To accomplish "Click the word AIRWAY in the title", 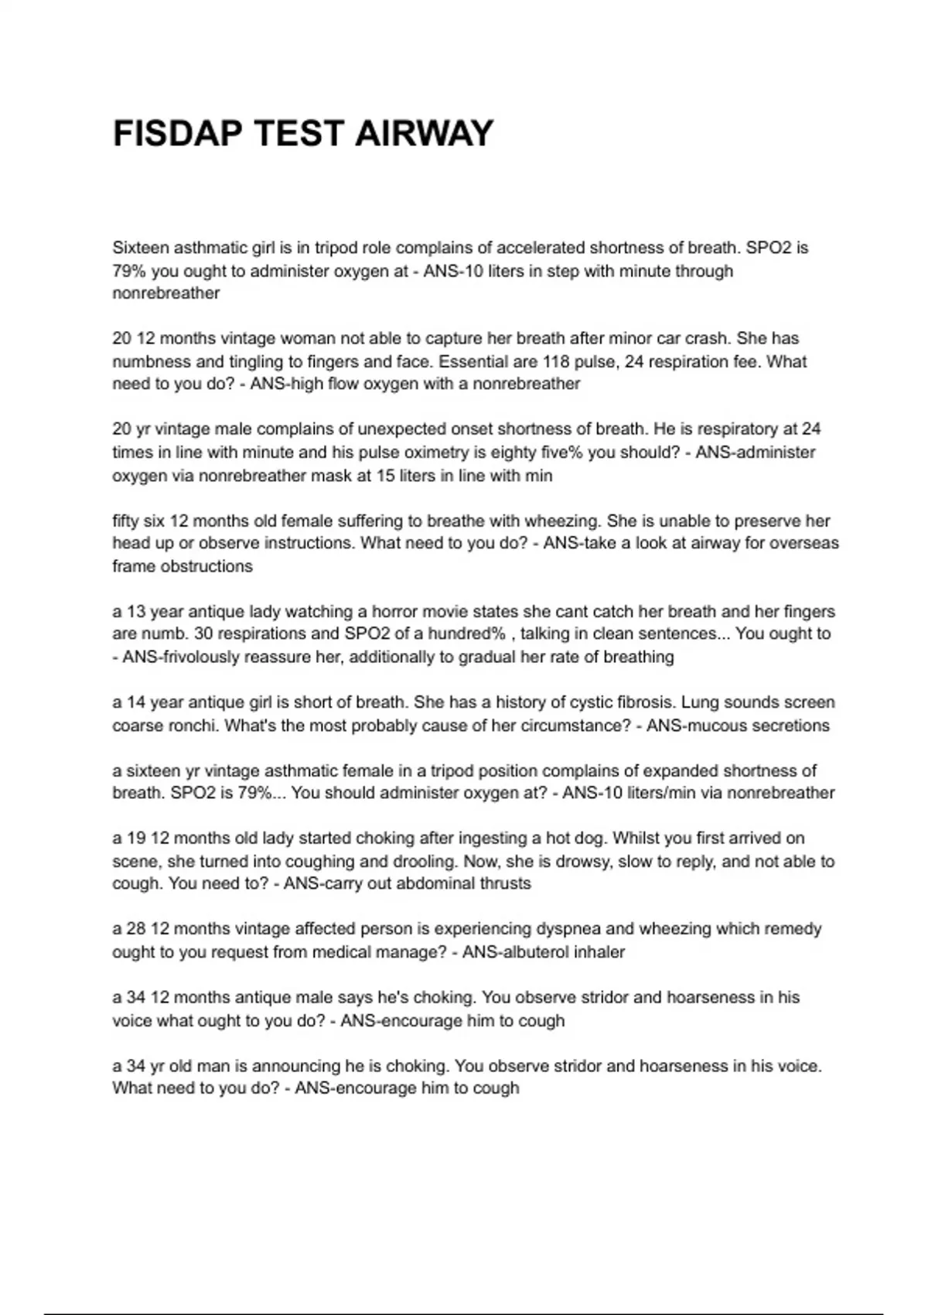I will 424,134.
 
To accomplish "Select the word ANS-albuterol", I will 516,952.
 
